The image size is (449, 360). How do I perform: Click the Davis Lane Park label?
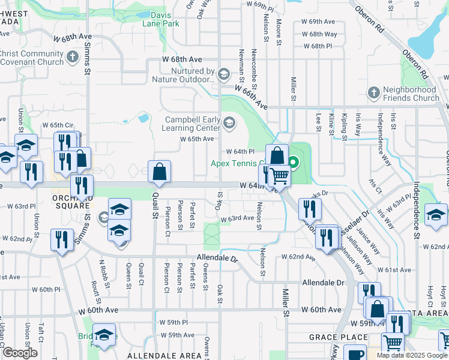161,19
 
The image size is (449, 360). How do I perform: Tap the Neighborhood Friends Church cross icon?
374,93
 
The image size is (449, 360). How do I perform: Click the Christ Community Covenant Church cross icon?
73,58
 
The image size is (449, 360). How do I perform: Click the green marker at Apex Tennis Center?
294,162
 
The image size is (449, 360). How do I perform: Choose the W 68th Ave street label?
182,60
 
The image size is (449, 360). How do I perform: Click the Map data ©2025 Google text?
411,355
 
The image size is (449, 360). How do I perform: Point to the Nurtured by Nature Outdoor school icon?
223,75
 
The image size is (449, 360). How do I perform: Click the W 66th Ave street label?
252,96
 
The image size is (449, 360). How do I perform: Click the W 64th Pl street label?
241,152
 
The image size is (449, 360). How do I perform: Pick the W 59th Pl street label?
174,322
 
